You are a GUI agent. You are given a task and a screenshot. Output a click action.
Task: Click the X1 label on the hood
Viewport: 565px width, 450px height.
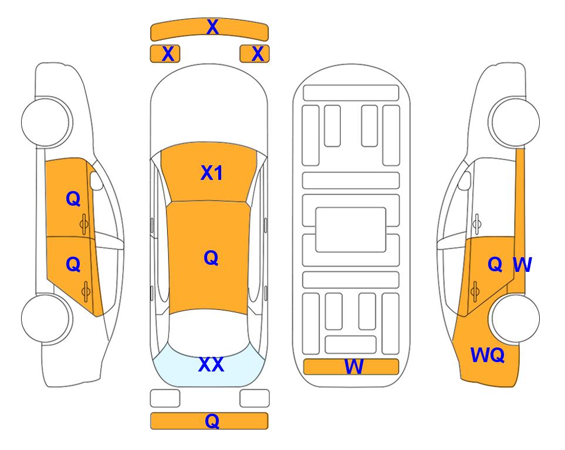212,173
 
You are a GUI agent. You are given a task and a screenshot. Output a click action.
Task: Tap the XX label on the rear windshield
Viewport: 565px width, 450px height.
211,364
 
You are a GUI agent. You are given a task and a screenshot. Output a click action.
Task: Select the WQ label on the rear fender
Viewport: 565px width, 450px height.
487,355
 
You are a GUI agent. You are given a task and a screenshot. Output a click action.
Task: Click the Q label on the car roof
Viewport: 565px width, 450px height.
211,258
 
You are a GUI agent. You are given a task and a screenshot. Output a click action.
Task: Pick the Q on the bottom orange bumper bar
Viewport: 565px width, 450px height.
212,421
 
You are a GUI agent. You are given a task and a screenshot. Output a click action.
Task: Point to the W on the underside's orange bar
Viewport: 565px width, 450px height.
354,367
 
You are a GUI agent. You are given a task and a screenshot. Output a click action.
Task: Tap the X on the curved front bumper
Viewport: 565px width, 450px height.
212,27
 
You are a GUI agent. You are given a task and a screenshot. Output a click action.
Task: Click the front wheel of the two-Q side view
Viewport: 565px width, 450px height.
46,122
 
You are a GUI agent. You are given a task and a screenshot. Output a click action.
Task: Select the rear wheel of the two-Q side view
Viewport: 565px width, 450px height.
46,318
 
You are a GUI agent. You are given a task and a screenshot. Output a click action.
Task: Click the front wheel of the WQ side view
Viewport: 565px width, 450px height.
514,122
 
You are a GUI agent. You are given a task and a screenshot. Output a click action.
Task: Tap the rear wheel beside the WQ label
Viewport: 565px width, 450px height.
515,318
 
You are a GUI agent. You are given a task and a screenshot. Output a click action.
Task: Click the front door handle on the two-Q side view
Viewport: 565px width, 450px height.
84,224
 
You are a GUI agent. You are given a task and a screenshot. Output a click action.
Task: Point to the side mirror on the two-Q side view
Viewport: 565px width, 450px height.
96,180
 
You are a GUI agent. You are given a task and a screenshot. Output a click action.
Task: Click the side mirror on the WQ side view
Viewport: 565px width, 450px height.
465,180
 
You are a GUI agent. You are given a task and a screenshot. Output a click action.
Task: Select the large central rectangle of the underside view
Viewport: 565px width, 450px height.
351,230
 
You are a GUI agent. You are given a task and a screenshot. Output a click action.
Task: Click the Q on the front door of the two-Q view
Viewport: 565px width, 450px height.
73,199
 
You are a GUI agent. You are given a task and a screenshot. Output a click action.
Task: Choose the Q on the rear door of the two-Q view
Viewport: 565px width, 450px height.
73,265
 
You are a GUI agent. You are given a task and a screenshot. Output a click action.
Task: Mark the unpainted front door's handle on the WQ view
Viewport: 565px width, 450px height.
477,224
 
